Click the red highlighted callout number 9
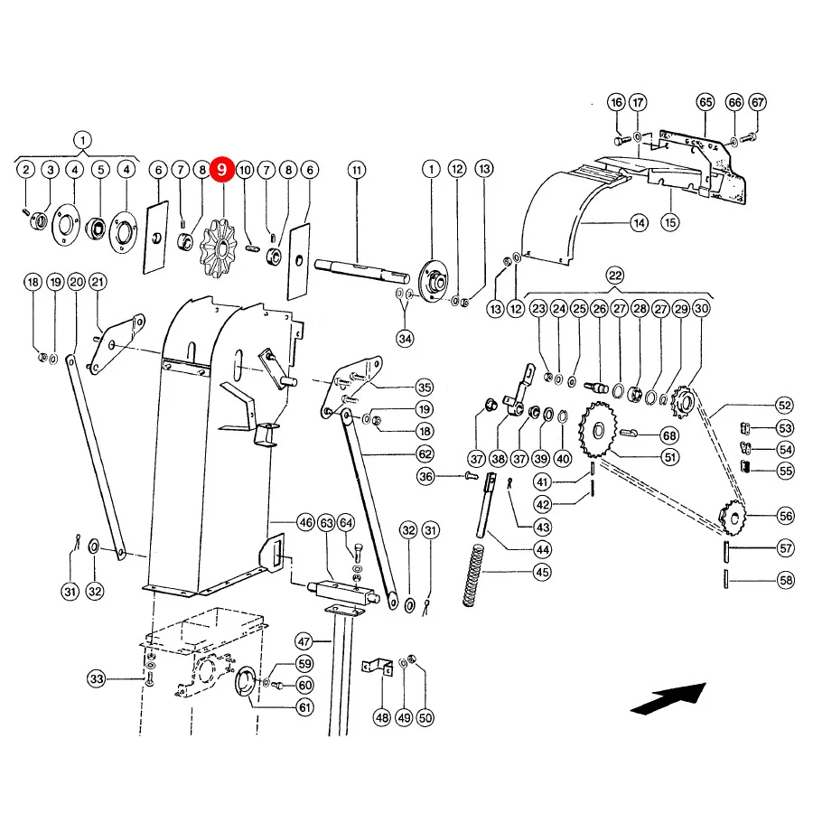coord(222,170)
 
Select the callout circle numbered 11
coord(357,170)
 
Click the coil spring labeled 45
coord(472,575)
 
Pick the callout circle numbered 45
coord(542,572)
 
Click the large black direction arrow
coord(668,698)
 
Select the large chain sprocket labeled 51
coord(598,430)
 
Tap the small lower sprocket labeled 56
coord(732,517)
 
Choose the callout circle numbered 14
coord(639,223)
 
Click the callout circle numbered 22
coord(615,276)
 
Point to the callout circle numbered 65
coord(706,102)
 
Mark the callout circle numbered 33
coord(97,678)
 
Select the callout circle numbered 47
coord(304,641)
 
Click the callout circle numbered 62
coord(425,453)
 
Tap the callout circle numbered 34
coord(405,339)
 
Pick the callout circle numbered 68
coord(669,435)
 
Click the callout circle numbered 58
coord(786,580)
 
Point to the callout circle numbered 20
coord(76,282)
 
